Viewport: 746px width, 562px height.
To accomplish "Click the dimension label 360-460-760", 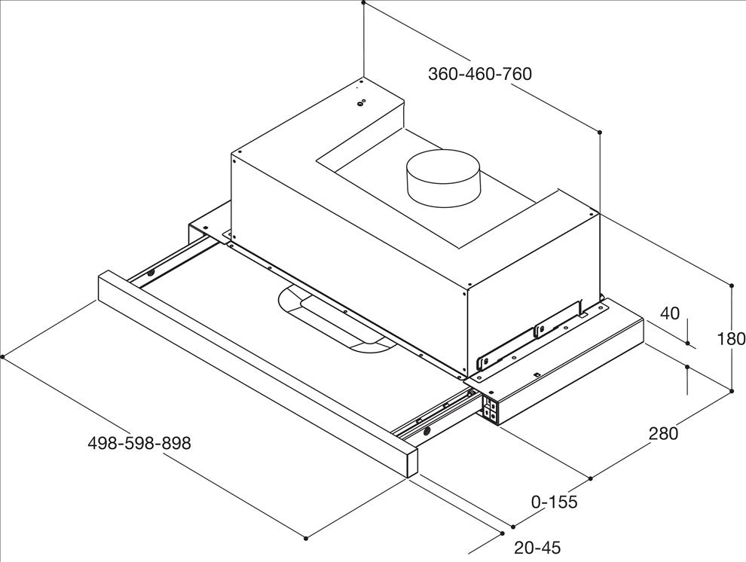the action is [x=479, y=74].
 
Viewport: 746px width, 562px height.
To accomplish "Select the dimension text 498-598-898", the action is [x=139, y=443].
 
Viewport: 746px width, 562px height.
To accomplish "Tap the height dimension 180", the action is [x=731, y=338].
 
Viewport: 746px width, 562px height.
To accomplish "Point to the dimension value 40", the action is [x=671, y=313].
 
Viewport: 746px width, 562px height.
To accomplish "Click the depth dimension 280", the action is [x=663, y=433].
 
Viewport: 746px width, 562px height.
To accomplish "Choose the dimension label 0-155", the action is [x=555, y=502].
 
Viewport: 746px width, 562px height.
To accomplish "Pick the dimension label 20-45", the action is [x=537, y=548].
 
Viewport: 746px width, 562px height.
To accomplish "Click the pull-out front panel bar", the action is [x=258, y=372].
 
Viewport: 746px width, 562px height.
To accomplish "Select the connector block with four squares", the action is [x=491, y=409].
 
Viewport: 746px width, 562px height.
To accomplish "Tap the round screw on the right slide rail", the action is [x=427, y=431].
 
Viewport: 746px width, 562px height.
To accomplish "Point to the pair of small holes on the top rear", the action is [x=362, y=102].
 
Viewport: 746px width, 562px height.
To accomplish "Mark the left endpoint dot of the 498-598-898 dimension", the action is [x=3, y=356].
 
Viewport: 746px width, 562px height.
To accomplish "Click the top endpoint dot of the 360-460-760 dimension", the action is [x=363, y=2].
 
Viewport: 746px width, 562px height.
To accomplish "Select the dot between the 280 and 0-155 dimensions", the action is [x=591, y=478].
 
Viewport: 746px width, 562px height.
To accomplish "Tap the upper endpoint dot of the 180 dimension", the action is [x=732, y=286].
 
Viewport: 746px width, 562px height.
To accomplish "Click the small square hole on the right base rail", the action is [x=537, y=375].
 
